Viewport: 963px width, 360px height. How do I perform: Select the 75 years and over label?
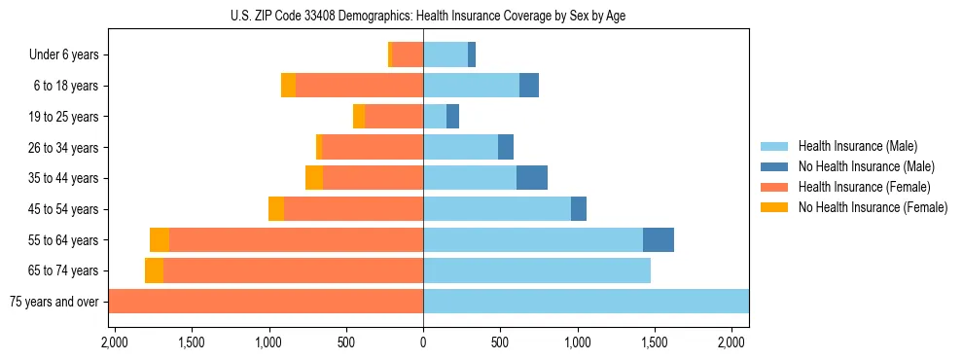click(x=53, y=302)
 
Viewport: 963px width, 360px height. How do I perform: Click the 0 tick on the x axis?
click(x=423, y=342)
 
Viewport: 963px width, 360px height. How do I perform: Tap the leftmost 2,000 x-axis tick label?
click(x=115, y=342)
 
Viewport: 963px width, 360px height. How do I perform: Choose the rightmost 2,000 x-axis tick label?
click(x=731, y=342)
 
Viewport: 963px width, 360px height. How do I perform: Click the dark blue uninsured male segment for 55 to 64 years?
click(x=659, y=239)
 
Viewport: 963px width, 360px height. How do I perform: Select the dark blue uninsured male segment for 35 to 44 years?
click(x=532, y=178)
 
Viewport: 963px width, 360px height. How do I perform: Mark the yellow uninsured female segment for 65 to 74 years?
click(x=154, y=270)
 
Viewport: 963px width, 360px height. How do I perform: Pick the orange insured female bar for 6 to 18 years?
click(x=359, y=86)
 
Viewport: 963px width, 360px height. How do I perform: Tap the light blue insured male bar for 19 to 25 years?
click(x=435, y=117)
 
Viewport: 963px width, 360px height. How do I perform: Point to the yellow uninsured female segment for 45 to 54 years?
click(x=276, y=209)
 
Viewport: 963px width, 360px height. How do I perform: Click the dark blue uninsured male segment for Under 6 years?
click(x=472, y=55)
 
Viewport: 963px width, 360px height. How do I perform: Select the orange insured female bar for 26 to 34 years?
click(x=373, y=147)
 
